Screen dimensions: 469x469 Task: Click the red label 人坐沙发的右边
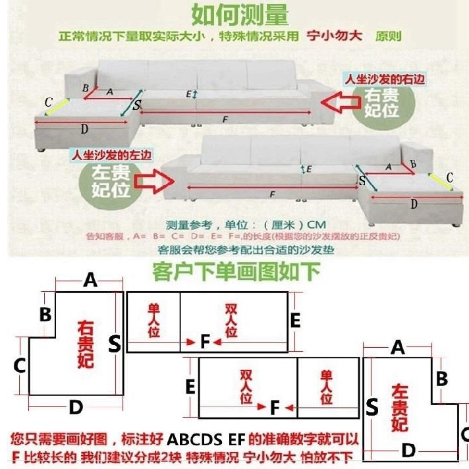383,79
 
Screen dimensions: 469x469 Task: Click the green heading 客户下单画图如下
236,271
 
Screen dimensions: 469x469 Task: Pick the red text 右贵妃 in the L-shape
86,344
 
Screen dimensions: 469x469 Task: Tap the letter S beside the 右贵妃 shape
115,344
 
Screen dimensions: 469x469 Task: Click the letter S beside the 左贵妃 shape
372,408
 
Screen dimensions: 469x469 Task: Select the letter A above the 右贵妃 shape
90,281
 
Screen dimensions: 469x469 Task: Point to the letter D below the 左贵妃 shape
408,451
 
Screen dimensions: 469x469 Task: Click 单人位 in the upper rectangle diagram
154,320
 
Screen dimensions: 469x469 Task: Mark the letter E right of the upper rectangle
295,321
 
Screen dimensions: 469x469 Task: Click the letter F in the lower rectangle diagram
275,408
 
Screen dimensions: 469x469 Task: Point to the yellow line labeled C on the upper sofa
57,103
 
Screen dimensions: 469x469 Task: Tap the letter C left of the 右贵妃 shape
20,364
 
